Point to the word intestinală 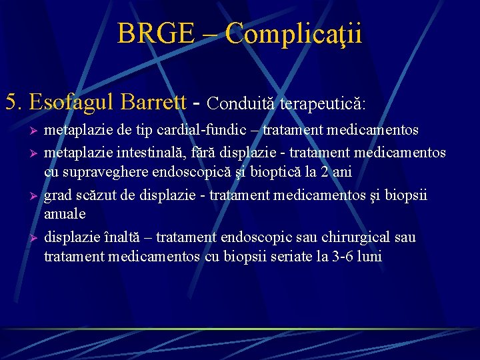pyautogui.click(x=143, y=153)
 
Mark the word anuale pyautogui.click(x=65, y=214)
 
